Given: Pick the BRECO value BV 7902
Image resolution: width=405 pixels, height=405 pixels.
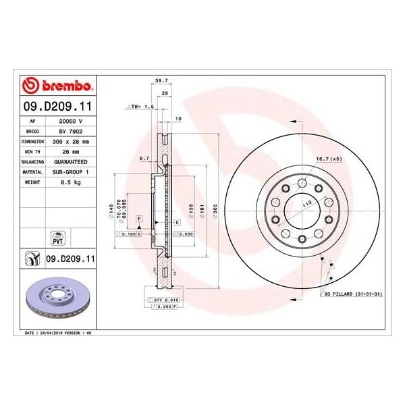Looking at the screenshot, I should tap(70, 132).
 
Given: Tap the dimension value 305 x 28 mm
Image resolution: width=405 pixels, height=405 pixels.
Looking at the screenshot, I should tap(70, 142).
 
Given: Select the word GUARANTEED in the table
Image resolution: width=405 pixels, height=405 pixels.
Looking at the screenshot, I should tap(70, 162).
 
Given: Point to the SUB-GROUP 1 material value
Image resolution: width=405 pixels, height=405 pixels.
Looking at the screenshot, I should tap(70, 172).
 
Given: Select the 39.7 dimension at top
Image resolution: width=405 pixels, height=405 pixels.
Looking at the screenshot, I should tap(161, 80).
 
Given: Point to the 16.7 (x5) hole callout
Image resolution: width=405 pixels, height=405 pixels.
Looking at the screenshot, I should tap(327, 160).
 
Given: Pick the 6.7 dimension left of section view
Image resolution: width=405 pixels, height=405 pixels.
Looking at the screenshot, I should tap(143, 159).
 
